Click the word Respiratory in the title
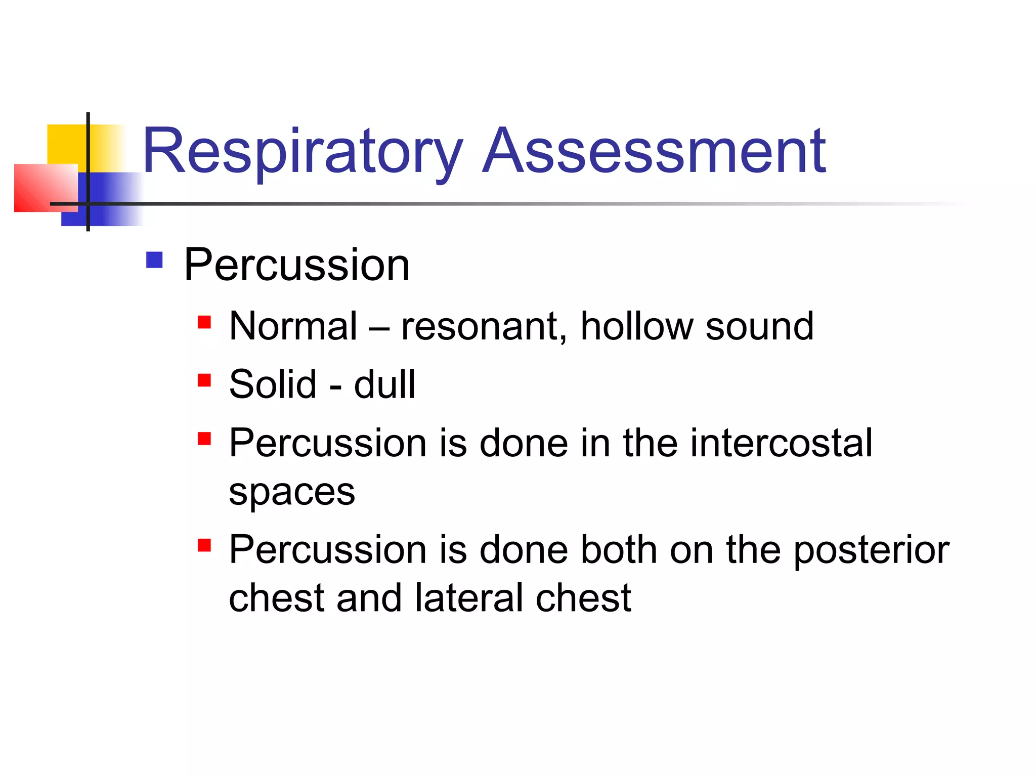click(303, 152)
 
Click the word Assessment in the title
click(654, 152)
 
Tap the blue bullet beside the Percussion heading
click(154, 260)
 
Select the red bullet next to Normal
click(204, 322)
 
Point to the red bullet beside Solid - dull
click(204, 380)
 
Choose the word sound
click(759, 326)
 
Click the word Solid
click(273, 384)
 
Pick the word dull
click(384, 384)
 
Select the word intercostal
click(782, 443)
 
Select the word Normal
click(293, 326)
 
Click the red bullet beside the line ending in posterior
click(204, 545)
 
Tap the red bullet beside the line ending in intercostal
click(204, 439)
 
